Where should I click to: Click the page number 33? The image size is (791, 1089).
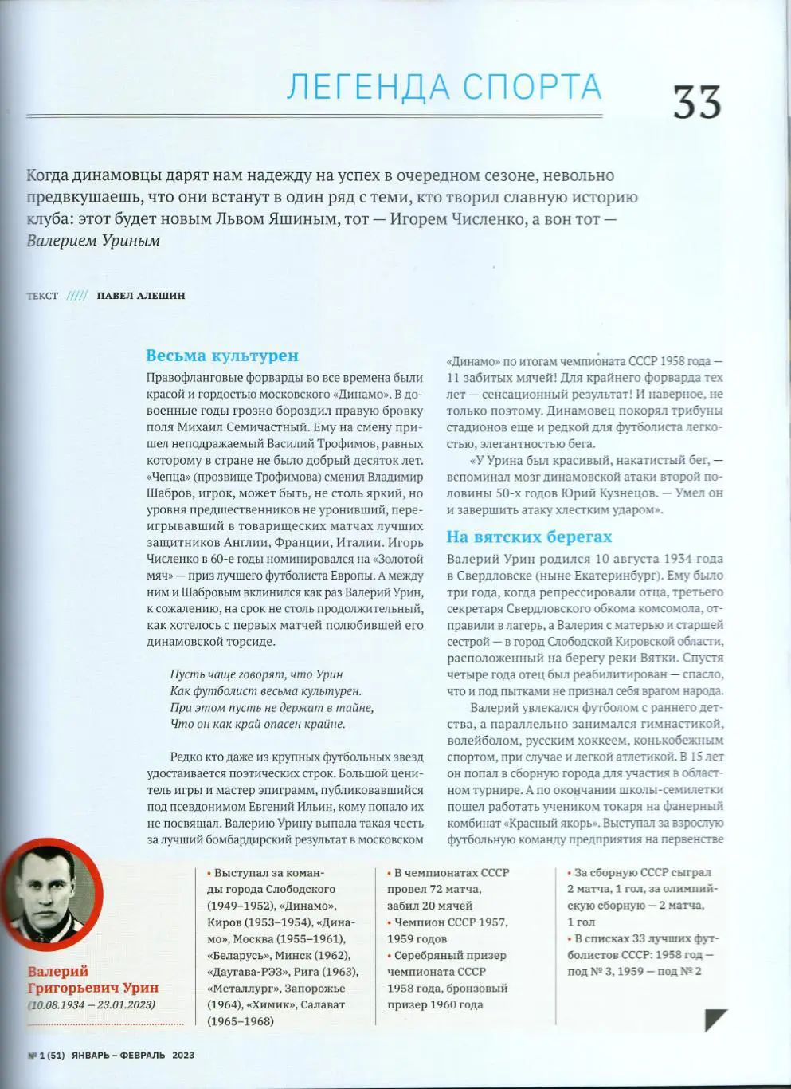point(697,102)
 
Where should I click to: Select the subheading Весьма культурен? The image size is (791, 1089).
point(222,356)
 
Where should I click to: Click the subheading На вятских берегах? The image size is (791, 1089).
point(529,537)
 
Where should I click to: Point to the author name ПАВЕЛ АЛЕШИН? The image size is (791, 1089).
point(140,296)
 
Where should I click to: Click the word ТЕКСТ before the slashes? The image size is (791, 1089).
point(42,296)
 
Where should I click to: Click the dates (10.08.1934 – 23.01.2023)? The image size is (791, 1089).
point(92,1005)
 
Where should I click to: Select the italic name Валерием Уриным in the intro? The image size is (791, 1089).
point(93,240)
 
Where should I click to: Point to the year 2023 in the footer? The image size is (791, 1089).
point(182,1055)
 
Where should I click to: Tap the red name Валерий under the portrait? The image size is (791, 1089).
point(58,971)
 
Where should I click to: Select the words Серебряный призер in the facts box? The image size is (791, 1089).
point(451,955)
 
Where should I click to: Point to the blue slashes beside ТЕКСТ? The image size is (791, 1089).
point(77,296)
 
